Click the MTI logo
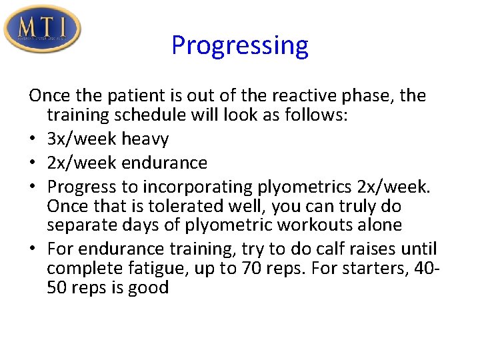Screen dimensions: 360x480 tap(42, 28)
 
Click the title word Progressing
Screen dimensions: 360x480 tap(239, 45)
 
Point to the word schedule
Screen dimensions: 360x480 tap(150, 115)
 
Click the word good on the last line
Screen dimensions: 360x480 tap(150, 288)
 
